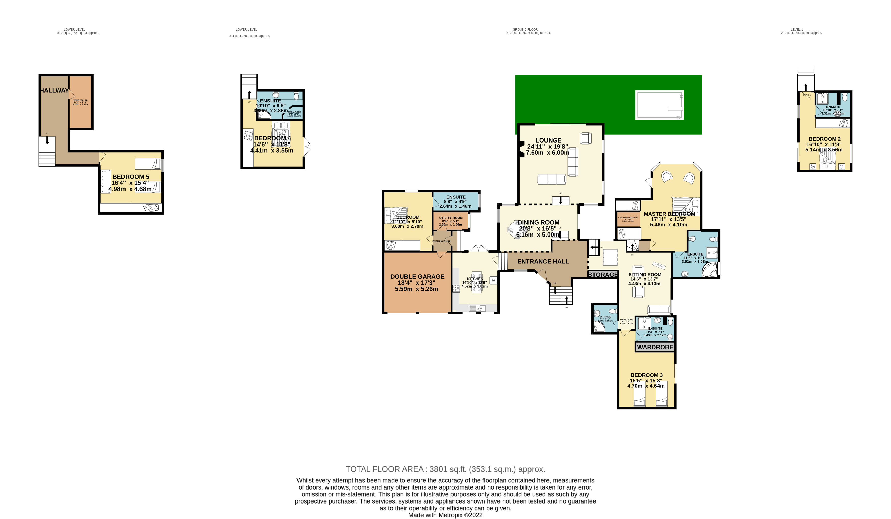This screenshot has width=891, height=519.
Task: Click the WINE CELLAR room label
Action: [x=81, y=100]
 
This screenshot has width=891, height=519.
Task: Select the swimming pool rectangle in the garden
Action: [x=659, y=105]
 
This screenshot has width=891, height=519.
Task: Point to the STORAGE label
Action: [x=603, y=275]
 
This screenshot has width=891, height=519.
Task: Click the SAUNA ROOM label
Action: [x=294, y=112]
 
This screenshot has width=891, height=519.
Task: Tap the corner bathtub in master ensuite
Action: [x=710, y=270]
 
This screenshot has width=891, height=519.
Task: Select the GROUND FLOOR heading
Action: [x=525, y=30]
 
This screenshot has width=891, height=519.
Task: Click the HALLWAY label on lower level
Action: [x=54, y=90]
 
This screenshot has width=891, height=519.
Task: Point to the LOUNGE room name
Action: [x=548, y=140]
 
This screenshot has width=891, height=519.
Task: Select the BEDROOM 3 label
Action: [x=647, y=375]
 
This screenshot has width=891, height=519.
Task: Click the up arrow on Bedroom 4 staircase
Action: [x=249, y=95]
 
